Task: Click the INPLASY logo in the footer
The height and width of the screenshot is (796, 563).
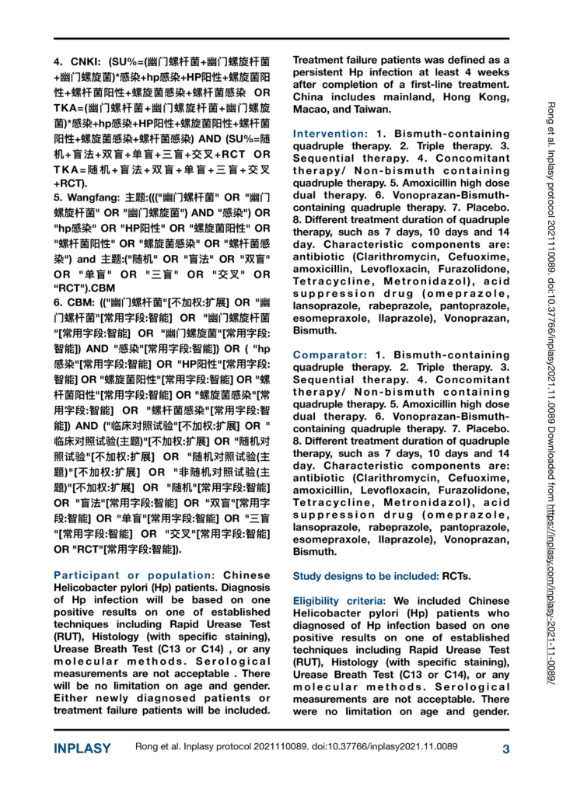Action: click(82, 749)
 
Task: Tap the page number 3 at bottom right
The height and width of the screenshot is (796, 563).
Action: click(505, 749)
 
